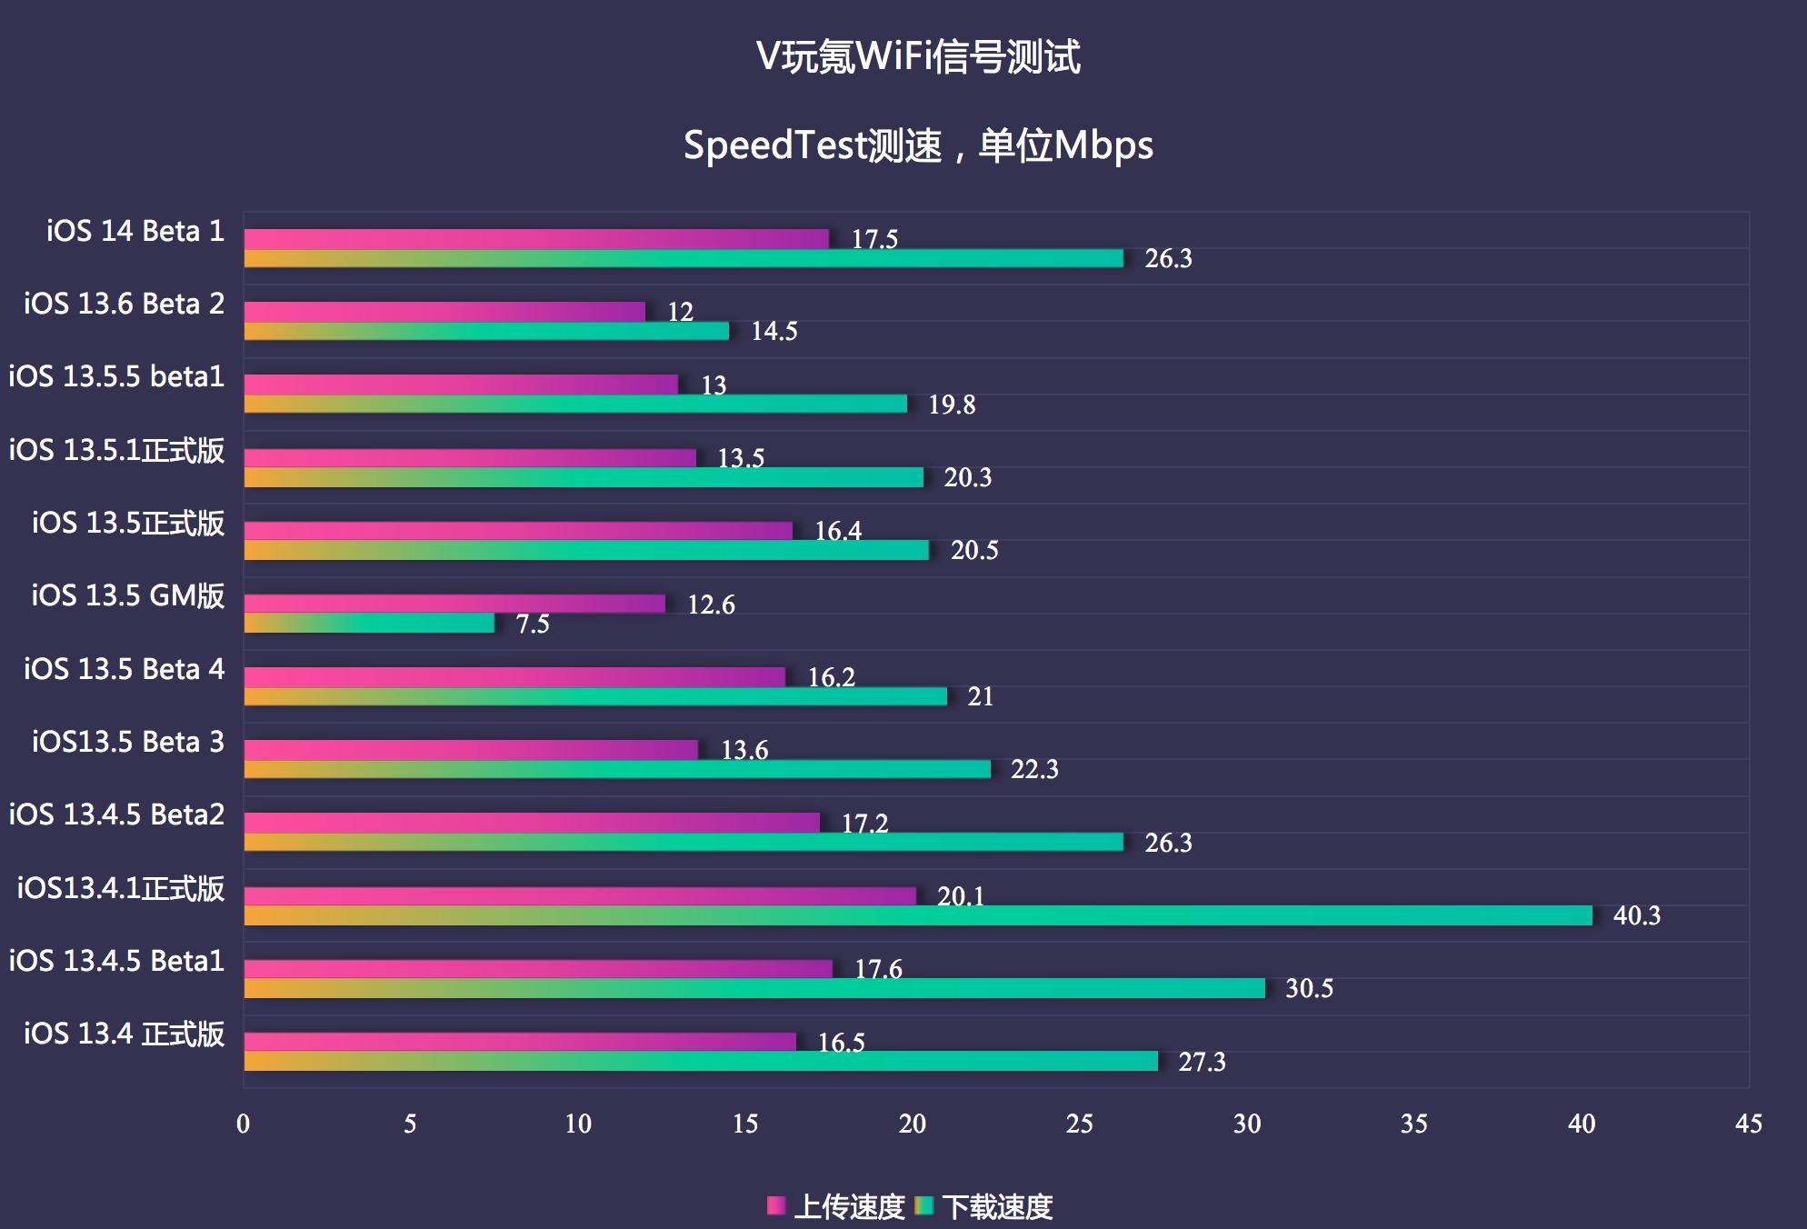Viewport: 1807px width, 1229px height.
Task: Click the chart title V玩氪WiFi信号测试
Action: tap(918, 56)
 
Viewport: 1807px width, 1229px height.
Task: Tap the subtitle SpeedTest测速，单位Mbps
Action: tap(918, 145)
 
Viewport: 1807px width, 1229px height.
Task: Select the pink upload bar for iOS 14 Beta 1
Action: tap(536, 239)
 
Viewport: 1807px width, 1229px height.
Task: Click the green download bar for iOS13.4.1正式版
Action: tap(918, 915)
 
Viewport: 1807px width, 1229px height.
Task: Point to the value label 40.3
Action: tap(1636, 915)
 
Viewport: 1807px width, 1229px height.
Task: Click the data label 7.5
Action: tap(533, 624)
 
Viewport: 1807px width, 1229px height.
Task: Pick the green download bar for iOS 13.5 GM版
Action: tap(369, 624)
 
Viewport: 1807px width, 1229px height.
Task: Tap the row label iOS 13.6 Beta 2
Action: tap(125, 304)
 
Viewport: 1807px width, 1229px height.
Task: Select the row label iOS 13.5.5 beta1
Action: tap(116, 376)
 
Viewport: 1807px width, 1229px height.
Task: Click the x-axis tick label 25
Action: tap(1079, 1124)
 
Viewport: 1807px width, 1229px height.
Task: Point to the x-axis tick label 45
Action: tap(1748, 1124)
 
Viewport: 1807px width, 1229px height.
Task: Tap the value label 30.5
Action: tap(1309, 988)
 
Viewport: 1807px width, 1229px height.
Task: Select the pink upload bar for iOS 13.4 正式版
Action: tap(520, 1042)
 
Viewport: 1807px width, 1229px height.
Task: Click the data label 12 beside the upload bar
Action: tap(680, 312)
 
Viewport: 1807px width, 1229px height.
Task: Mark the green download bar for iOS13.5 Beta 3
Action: tap(617, 769)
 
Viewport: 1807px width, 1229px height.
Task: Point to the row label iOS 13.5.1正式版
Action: tap(116, 450)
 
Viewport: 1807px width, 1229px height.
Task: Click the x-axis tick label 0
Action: tap(243, 1124)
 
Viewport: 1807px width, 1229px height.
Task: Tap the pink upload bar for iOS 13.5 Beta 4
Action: tap(514, 676)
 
